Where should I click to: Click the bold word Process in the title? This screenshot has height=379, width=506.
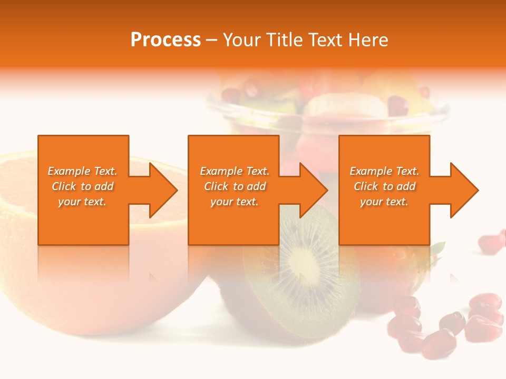point(166,40)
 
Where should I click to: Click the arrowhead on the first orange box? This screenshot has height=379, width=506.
point(161,190)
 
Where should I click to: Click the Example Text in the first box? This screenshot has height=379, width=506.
point(82,171)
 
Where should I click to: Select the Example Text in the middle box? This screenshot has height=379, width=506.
point(234,171)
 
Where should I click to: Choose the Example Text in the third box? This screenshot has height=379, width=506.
point(384,171)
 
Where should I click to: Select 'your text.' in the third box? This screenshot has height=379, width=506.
point(384,202)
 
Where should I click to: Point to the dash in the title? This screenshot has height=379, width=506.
point(211,40)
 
